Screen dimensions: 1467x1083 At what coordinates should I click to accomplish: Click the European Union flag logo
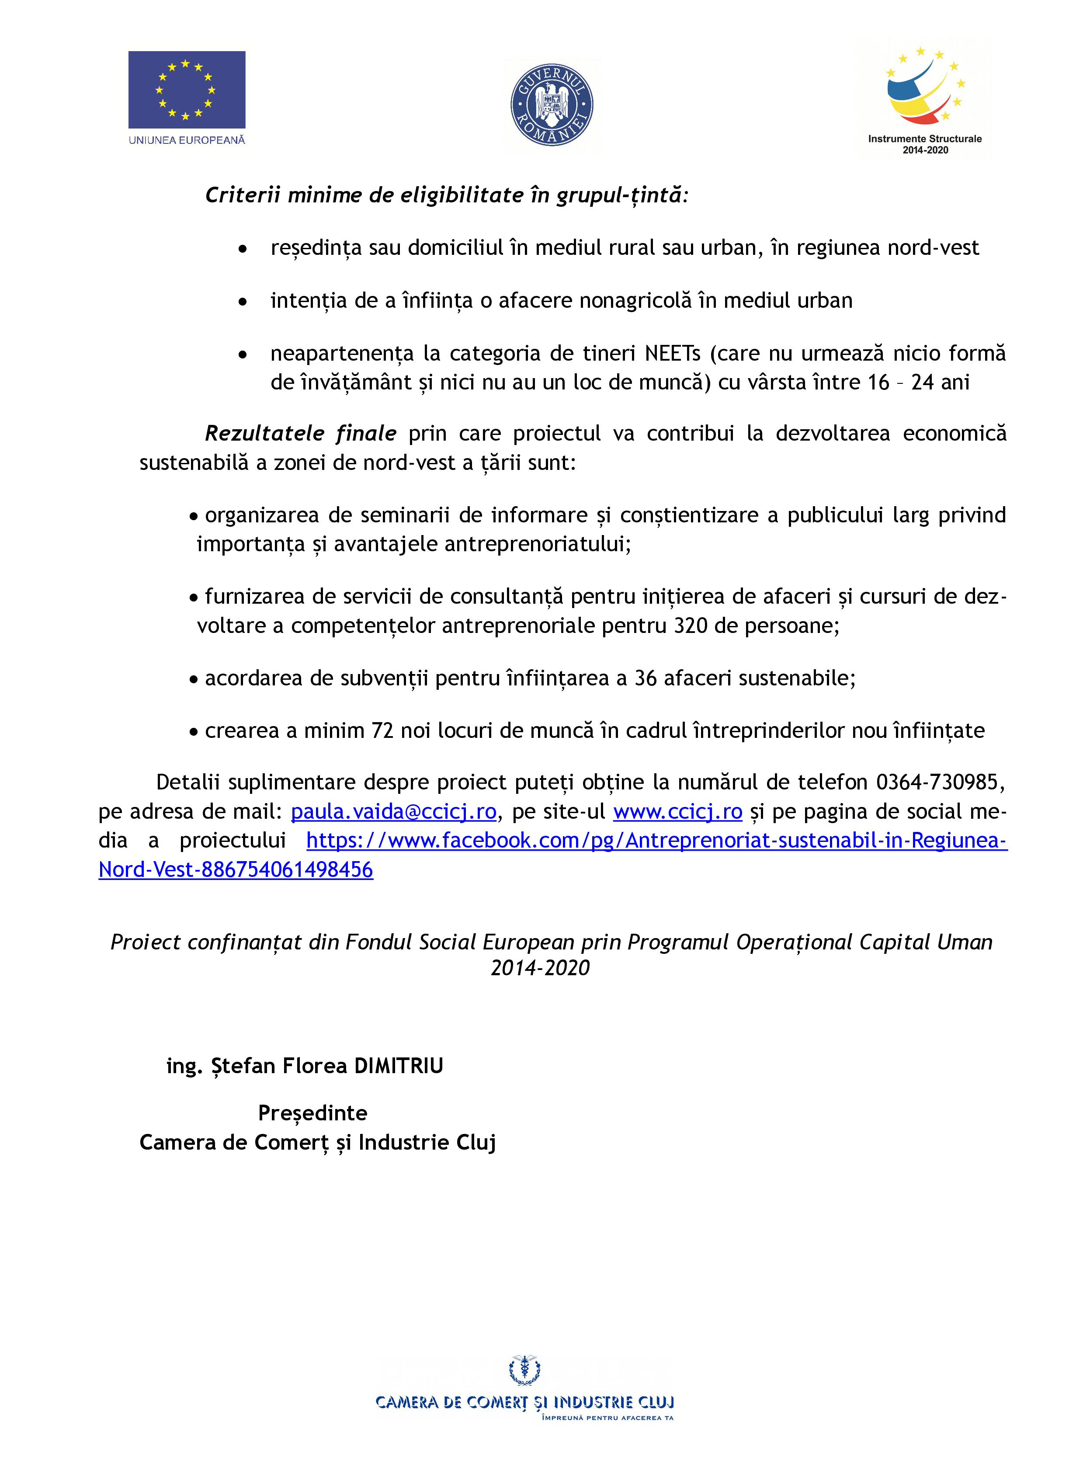tap(187, 90)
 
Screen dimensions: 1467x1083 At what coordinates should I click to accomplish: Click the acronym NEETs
tap(673, 353)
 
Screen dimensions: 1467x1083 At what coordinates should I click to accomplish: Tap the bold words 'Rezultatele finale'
tap(300, 433)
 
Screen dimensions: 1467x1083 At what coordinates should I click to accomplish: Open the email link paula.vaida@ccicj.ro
tap(393, 811)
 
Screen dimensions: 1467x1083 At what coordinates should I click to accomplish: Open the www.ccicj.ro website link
tap(677, 811)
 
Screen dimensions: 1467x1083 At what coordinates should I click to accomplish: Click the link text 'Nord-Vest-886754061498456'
tap(235, 870)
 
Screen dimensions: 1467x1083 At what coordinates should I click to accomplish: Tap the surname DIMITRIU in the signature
tap(399, 1066)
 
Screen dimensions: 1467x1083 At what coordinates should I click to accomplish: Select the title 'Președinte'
tap(313, 1113)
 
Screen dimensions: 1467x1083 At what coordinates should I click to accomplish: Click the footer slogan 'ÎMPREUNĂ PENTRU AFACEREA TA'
tap(607, 1418)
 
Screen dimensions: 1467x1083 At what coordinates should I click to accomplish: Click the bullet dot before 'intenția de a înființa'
tap(243, 302)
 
